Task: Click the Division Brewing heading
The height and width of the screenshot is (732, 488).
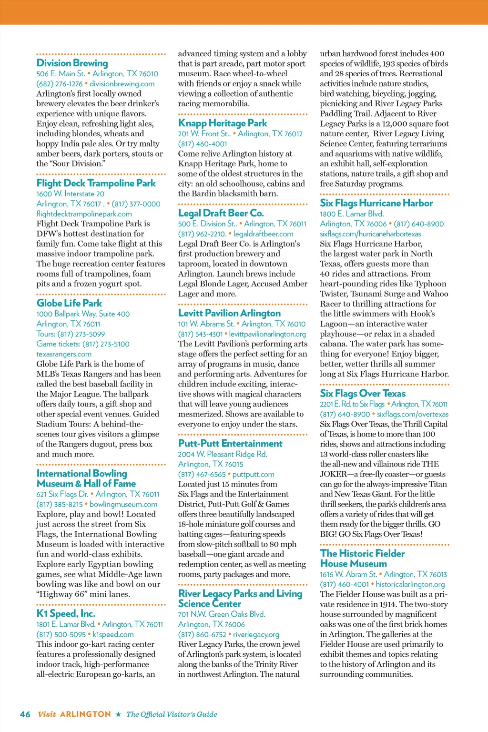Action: [72, 63]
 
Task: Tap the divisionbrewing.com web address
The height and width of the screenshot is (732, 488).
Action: [122, 84]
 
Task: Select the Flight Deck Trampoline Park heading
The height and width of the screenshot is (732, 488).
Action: [96, 183]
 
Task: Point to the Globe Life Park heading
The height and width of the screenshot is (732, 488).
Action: [69, 303]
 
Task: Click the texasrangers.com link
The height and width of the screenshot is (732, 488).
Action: [64, 354]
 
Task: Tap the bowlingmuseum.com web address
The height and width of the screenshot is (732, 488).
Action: [123, 504]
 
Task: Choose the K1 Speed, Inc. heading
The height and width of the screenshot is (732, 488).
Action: [66, 613]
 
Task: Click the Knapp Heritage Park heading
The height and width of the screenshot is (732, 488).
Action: [223, 123]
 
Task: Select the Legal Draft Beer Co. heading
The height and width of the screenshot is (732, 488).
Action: [221, 213]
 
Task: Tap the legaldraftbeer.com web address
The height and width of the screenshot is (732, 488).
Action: [264, 234]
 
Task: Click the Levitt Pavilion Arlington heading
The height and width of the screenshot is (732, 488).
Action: [229, 313]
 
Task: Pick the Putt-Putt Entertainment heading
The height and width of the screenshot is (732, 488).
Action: [230, 443]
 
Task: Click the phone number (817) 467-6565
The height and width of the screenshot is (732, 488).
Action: [202, 475]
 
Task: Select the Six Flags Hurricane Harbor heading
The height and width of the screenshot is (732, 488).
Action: [376, 203]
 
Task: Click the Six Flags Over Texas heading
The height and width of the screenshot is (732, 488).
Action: [363, 393]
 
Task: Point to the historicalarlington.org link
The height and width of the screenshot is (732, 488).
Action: [410, 584]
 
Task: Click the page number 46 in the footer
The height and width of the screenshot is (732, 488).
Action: [25, 714]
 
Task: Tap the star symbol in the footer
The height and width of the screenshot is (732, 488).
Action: [119, 714]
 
